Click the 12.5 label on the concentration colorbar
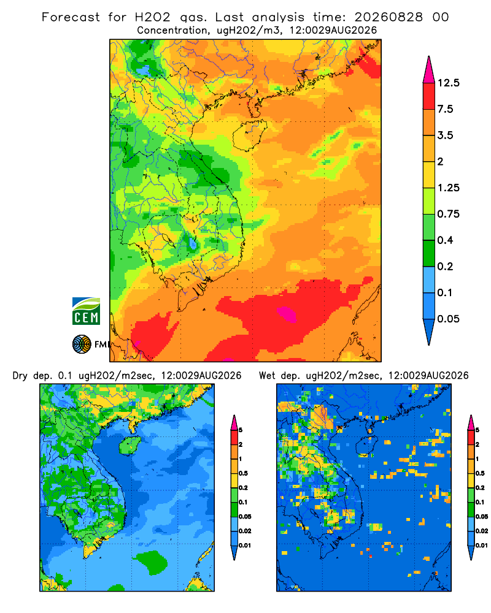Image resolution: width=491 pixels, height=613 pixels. point(448,83)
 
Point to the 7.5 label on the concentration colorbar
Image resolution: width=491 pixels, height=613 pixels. point(445,109)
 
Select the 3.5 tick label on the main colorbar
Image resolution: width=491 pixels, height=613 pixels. point(445,135)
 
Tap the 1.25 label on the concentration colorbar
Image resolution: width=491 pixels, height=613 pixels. point(448,188)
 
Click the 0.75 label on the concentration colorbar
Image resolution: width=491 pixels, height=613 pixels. point(448,214)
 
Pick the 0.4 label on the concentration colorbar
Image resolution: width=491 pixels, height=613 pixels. point(445,240)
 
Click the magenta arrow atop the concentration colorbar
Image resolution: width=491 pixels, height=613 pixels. point(429,70)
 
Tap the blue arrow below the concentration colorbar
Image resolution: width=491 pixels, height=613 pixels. point(429,332)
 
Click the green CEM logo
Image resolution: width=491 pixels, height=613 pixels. point(86,311)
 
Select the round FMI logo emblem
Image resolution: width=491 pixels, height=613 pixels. point(82,345)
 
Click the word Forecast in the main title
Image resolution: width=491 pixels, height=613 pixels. point(71,17)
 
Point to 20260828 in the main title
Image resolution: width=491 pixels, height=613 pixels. point(389,17)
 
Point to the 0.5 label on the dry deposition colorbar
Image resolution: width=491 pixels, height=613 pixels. point(243,473)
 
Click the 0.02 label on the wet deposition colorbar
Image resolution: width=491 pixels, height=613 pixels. point(482,531)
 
